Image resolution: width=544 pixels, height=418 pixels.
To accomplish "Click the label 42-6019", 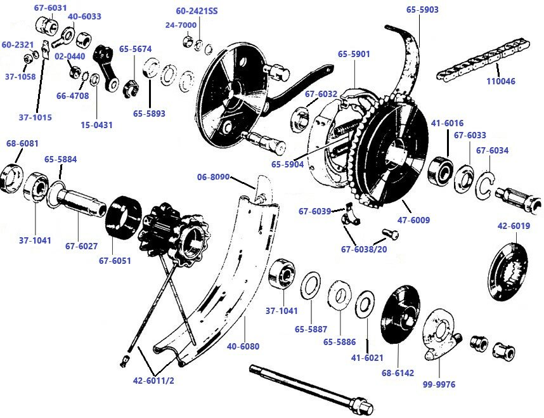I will [x=515, y=226].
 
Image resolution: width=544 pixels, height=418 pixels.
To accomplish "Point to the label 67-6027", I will [x=80, y=246].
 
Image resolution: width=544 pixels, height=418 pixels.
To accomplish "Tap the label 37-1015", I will [x=35, y=117].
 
